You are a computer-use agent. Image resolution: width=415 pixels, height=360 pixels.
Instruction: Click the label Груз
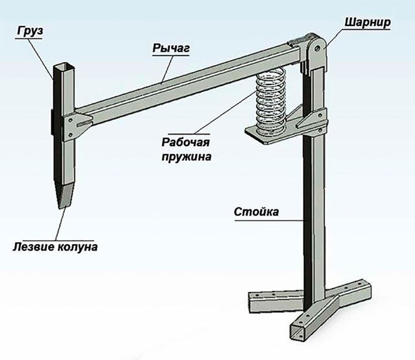point(30,31)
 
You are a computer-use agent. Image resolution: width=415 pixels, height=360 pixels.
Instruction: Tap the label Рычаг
point(171,48)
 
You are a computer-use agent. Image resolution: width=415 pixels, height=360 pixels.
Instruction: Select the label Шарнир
point(368,22)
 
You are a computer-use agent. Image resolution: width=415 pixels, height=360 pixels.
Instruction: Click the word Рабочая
point(186,142)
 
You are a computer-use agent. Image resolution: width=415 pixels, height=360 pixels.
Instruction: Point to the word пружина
point(186,157)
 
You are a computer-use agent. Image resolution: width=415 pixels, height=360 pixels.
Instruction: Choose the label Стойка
point(256,212)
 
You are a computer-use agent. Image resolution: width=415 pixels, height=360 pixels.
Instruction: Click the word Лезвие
point(33,247)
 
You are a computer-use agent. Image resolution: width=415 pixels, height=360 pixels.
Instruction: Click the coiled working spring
point(271,101)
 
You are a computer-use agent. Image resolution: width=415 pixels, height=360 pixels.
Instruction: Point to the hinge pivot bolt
point(318,48)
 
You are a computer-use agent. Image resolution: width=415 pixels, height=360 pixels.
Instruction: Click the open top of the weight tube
point(65,65)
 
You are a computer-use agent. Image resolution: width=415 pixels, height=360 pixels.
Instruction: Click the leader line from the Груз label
point(41,59)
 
